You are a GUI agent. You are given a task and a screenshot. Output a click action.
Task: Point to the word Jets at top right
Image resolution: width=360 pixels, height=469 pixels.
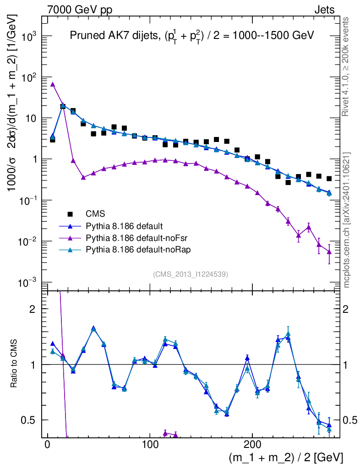tap(324, 10)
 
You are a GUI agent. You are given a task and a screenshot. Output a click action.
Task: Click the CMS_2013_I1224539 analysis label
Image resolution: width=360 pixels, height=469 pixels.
tap(191, 274)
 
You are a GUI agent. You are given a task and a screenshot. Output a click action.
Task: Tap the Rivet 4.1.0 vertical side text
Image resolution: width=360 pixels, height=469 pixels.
tap(347, 66)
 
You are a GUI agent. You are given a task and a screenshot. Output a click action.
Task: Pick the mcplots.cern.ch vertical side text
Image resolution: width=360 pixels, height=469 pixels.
tap(347, 220)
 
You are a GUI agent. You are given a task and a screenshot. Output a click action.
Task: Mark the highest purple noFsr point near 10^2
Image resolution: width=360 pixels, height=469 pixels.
tap(53, 84)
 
